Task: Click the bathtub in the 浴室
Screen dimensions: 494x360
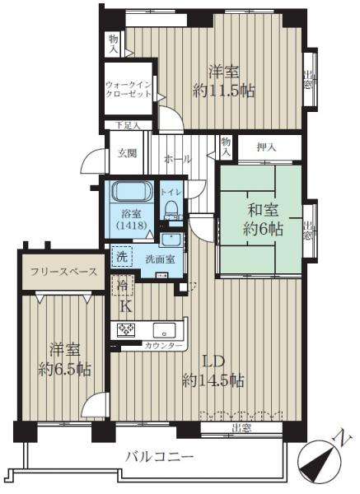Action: coord(131,193)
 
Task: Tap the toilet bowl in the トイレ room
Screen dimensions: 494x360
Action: coord(172,210)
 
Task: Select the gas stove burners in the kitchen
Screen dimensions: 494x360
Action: coord(127,330)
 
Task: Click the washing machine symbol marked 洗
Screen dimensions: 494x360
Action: coord(121,257)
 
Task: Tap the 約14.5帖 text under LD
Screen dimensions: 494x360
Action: coord(213,380)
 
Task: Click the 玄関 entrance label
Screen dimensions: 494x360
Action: coord(126,153)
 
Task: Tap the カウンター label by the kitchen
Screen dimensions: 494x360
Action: coord(164,346)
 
